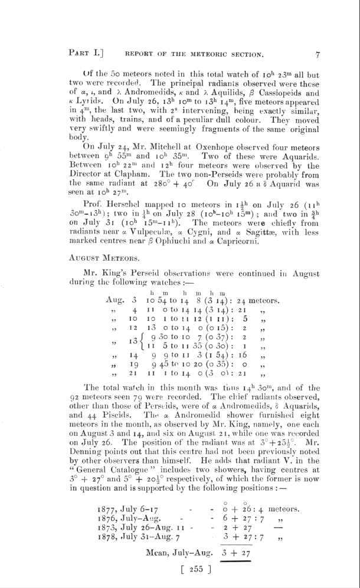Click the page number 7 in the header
tap(318, 55)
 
